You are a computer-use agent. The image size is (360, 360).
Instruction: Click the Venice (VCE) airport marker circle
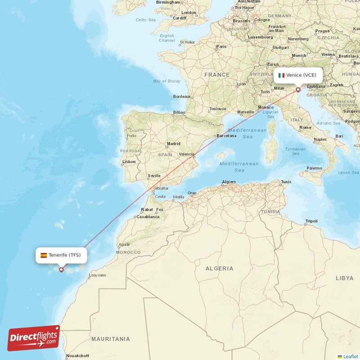(x=298, y=90)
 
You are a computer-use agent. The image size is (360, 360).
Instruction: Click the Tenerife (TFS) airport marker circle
(x=61, y=270)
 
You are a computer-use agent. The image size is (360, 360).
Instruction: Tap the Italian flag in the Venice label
(x=281, y=75)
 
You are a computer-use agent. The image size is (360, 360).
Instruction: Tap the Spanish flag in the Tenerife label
(x=44, y=255)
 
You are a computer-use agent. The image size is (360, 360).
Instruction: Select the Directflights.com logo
(x=34, y=338)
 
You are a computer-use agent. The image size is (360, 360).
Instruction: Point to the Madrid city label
(x=174, y=144)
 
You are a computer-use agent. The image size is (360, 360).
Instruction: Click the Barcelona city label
(x=226, y=135)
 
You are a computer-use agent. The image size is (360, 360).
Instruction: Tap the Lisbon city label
(x=129, y=162)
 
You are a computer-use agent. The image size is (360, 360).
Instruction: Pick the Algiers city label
(x=229, y=182)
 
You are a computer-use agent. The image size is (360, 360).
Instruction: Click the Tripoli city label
(x=311, y=221)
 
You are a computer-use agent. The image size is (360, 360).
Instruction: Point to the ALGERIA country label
(x=220, y=269)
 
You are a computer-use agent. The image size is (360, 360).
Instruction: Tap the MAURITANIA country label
(x=110, y=339)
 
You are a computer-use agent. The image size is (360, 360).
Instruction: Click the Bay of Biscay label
(x=166, y=81)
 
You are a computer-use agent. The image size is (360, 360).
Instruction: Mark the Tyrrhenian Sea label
(x=295, y=151)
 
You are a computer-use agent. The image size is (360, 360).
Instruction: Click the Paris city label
(x=221, y=46)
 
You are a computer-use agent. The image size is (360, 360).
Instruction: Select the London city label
(x=189, y=13)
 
